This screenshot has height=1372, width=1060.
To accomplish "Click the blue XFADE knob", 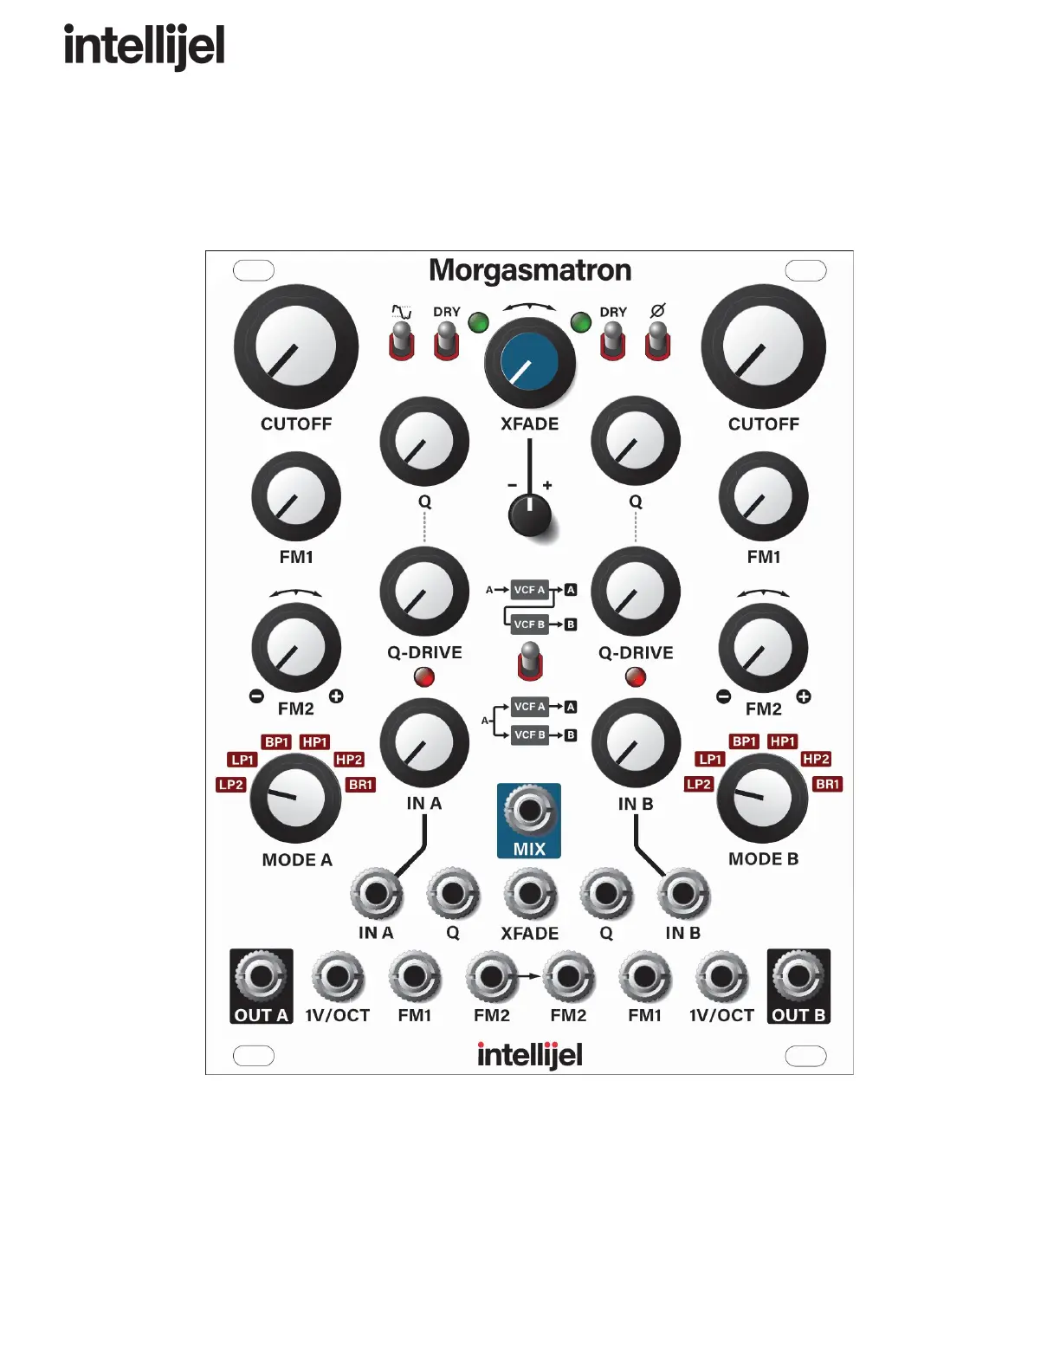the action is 529,362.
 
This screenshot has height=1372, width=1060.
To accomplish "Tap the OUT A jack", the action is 261,977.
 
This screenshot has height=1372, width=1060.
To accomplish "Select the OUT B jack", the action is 798,977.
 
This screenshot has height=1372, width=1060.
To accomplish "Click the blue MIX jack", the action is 529,811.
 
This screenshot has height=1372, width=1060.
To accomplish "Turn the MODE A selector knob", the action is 294,799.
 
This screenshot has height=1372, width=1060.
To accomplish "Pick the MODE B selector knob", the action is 762,798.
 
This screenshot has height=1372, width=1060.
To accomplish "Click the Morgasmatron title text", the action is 530,270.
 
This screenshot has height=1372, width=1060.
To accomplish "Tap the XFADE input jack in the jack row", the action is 530,894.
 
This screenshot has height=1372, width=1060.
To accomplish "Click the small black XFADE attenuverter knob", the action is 529,515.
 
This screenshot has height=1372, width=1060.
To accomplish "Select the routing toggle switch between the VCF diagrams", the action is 530,661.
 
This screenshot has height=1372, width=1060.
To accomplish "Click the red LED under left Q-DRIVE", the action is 424,677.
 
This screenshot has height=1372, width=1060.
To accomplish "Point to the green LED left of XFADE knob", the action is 478,323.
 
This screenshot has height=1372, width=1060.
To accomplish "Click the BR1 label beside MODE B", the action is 828,784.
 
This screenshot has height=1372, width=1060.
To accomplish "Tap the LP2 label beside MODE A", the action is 231,785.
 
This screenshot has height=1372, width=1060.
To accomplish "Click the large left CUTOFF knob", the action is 296,346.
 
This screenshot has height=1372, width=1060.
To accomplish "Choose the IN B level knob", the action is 636,743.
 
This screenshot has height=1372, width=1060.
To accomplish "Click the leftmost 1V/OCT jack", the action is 338,977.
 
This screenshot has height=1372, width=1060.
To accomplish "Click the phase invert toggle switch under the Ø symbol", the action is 658,340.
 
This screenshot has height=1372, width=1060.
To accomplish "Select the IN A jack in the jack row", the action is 377,894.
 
